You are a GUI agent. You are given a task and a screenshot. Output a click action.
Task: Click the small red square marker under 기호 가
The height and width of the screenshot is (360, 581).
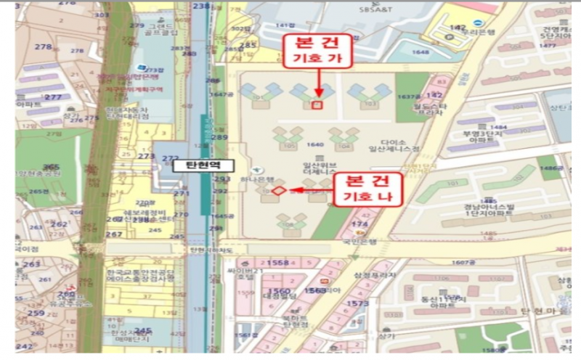pyautogui.click(x=316, y=105)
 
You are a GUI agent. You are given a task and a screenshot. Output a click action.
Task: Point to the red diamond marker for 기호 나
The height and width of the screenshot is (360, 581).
pyautogui.click(x=277, y=191)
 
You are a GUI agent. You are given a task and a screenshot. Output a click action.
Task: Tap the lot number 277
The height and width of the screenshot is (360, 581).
pyautogui.click(x=52, y=97)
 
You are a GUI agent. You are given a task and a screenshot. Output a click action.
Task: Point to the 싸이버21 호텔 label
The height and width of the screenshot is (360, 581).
pyautogui.click(x=248, y=273)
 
